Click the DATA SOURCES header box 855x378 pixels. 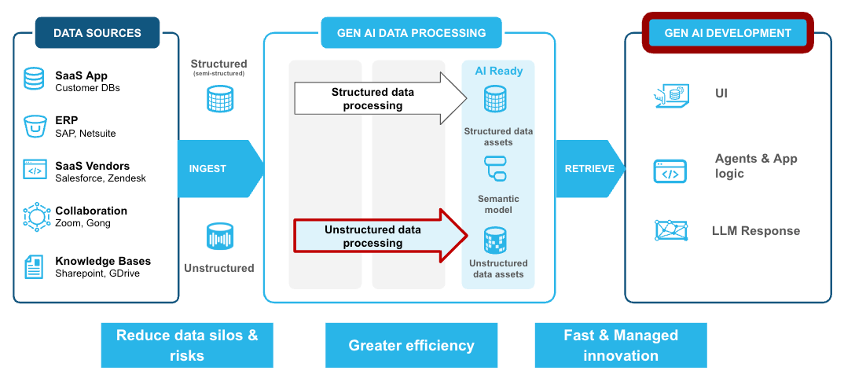[x=97, y=33]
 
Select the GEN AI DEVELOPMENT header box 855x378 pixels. [x=728, y=33]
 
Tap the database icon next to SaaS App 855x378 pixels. [x=34, y=79]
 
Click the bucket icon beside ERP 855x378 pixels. [x=34, y=126]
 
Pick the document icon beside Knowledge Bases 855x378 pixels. [x=34, y=267]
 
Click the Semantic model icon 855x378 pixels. [x=496, y=168]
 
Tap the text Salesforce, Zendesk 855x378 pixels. [x=101, y=178]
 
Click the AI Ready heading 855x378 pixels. [x=498, y=71]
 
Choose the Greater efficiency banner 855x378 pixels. [x=411, y=345]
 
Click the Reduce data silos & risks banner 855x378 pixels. [x=187, y=345]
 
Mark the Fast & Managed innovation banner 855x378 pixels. [x=621, y=345]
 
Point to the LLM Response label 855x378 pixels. [x=755, y=231]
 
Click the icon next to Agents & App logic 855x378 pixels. [x=670, y=171]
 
